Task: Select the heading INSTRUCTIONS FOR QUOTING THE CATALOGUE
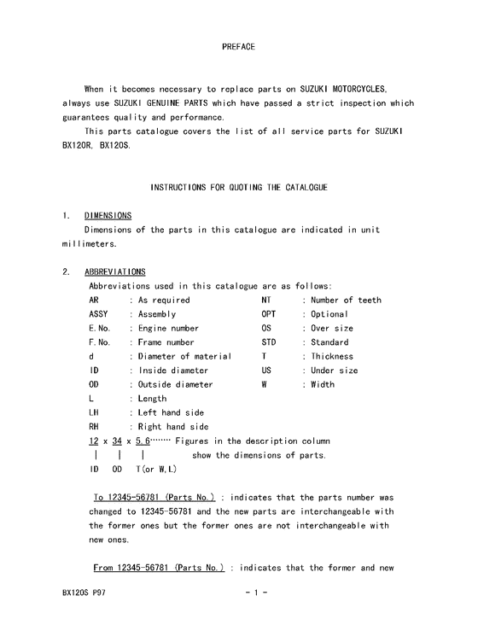point(239,186)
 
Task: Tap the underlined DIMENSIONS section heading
point(108,215)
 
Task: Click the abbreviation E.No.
point(100,328)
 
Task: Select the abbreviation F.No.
point(100,342)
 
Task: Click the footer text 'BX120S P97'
point(84,592)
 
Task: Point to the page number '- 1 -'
point(256,592)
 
